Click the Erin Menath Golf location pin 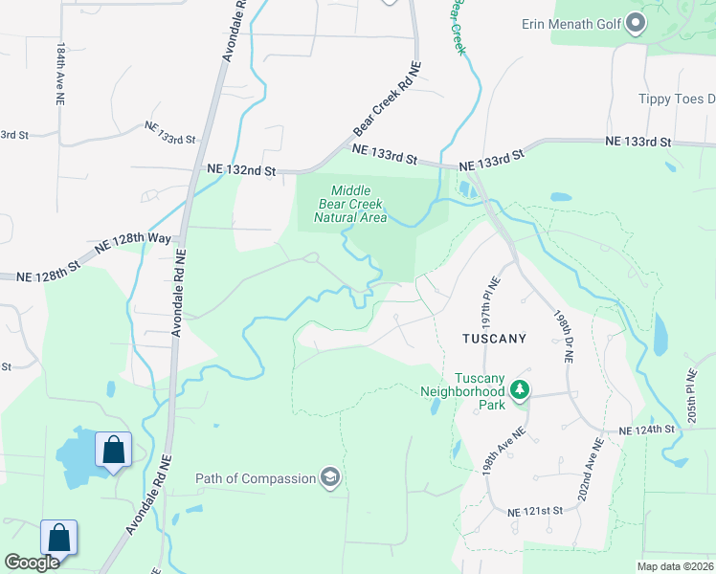click(x=636, y=25)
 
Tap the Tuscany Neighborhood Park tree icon click(x=520, y=389)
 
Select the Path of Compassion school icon click(x=330, y=478)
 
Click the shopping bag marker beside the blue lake click(x=113, y=449)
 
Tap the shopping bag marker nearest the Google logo click(x=58, y=538)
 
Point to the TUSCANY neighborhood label click(x=494, y=339)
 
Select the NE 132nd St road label click(x=241, y=170)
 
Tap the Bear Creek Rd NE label click(x=388, y=99)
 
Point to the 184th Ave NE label click(x=60, y=73)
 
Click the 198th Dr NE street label click(x=562, y=335)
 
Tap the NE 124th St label click(x=647, y=430)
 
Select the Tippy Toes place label click(x=677, y=99)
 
